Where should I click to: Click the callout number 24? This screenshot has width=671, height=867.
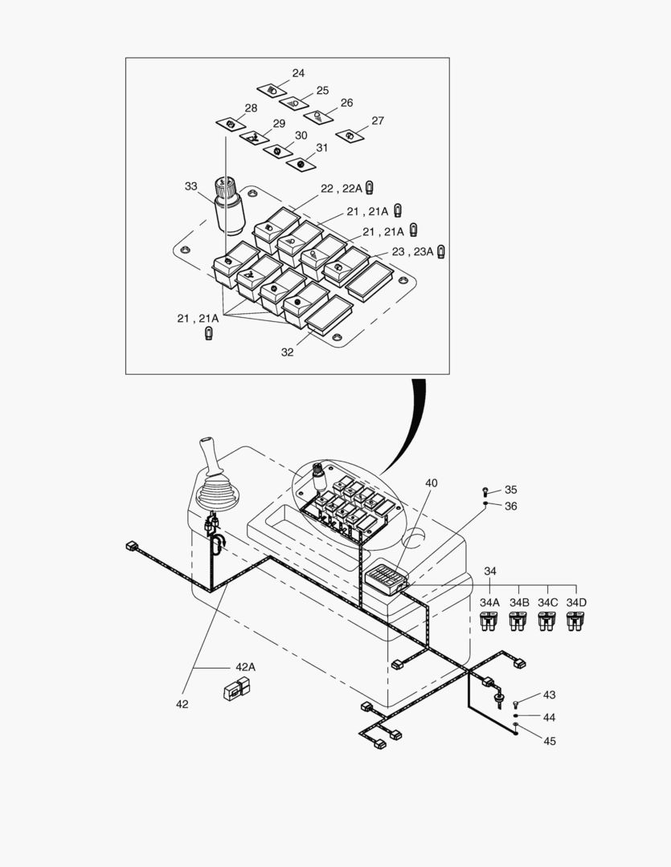point(298,73)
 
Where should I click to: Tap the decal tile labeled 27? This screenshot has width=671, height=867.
point(350,136)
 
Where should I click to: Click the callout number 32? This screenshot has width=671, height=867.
point(287,352)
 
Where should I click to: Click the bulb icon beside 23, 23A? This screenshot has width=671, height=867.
point(441,251)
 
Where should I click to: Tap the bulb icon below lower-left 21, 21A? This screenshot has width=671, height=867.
point(209,333)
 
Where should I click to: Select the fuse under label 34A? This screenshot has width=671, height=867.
point(489,621)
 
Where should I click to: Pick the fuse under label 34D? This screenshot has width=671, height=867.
point(575,621)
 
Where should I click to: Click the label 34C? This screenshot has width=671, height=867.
point(547,602)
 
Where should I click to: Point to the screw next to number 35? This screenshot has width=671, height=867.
point(486,490)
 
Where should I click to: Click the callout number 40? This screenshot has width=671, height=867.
point(432,483)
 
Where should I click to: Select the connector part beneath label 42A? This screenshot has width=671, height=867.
point(236,688)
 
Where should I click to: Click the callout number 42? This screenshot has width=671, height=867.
point(182,704)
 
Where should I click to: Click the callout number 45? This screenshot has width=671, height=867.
point(549,741)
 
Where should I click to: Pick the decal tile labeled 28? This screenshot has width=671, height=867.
point(231,124)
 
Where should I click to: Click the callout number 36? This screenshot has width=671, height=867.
point(511,506)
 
